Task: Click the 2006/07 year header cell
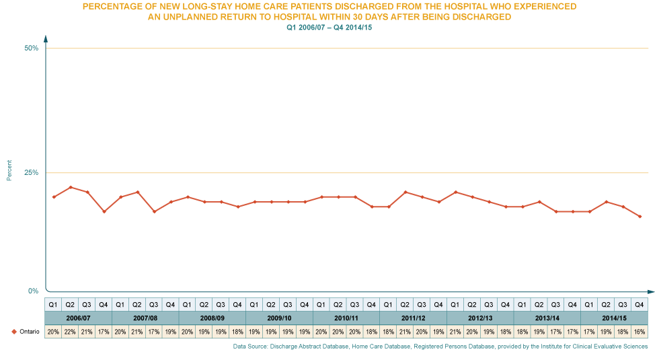click(x=78, y=318)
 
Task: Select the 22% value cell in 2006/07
click(x=70, y=332)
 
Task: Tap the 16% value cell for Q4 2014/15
click(x=639, y=332)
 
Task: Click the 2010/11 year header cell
click(x=346, y=318)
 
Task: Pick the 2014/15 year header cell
click(x=614, y=318)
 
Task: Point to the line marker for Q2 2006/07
click(x=71, y=187)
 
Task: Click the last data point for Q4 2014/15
click(x=639, y=217)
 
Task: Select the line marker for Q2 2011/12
click(x=405, y=192)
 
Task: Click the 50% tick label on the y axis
click(x=32, y=46)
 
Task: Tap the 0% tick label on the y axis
click(x=33, y=290)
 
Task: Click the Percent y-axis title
click(x=9, y=170)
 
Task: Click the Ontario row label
click(x=20, y=332)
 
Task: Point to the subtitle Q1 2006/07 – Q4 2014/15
click(x=329, y=28)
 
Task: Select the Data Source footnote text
click(x=440, y=346)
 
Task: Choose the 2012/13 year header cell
click(x=480, y=318)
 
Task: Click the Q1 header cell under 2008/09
click(x=187, y=304)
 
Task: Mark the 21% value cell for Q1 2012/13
click(x=455, y=332)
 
